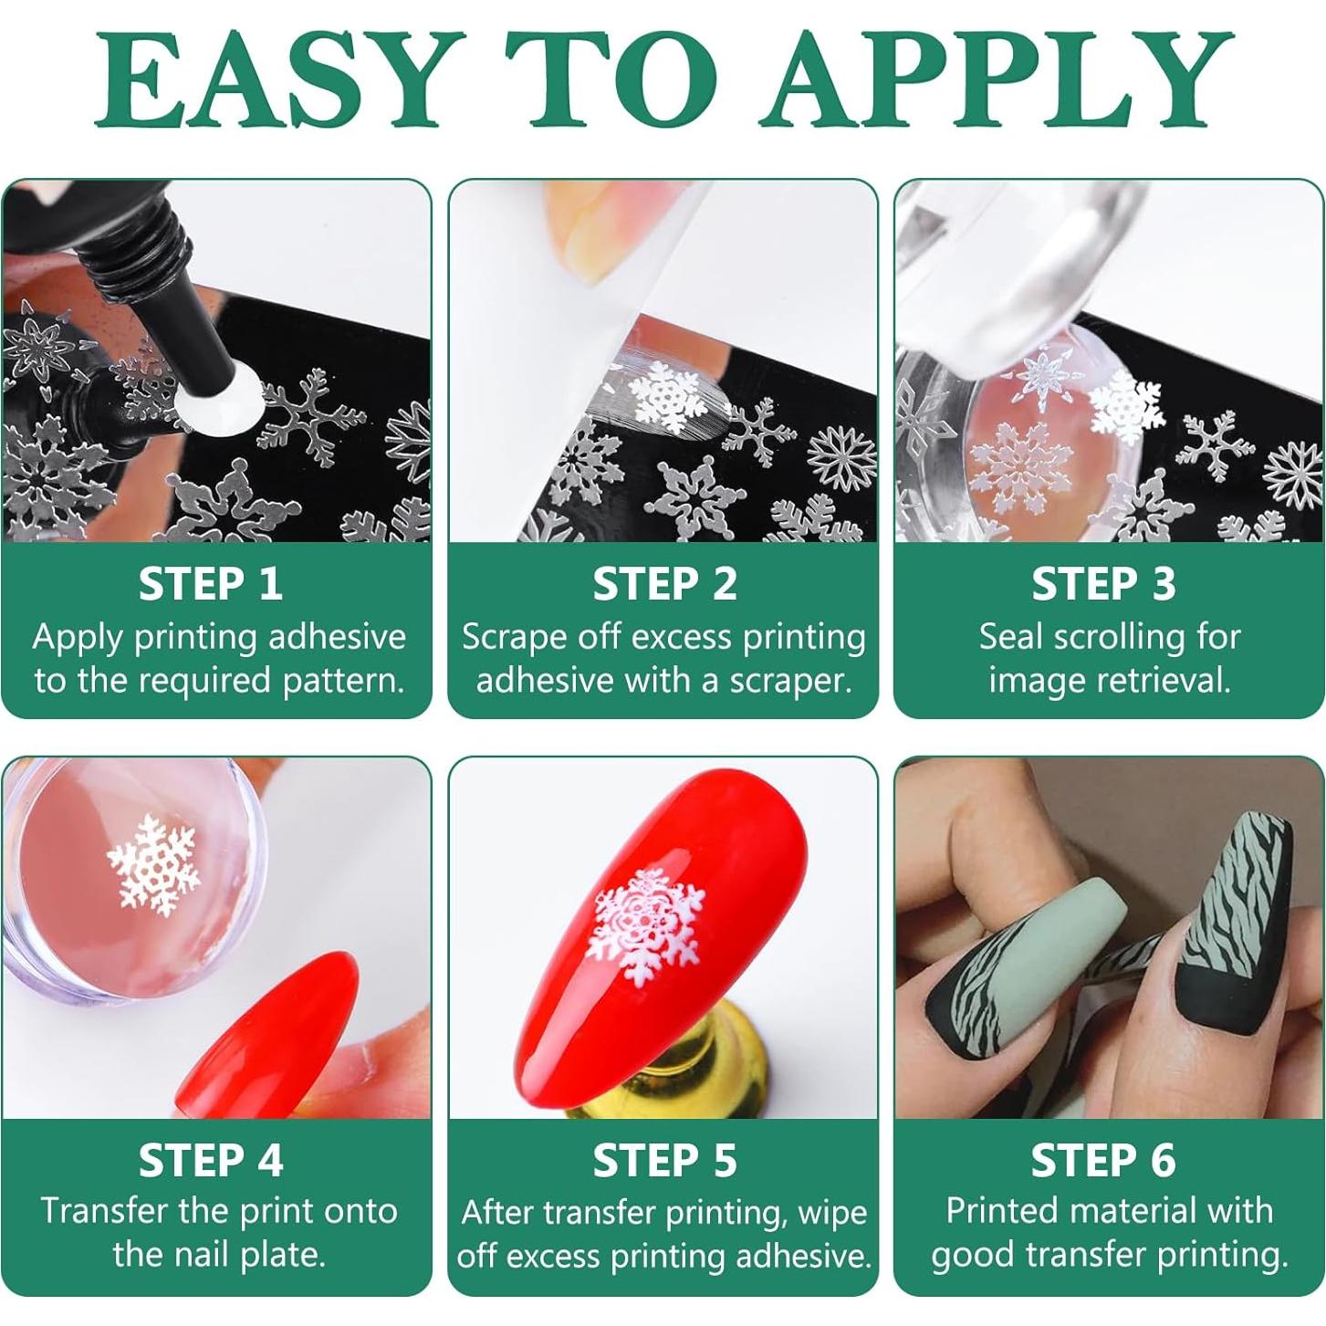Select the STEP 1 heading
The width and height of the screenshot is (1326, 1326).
[x=211, y=584]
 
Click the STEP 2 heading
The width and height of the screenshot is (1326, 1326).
[x=664, y=584]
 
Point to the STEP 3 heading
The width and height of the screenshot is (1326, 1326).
[x=1103, y=584]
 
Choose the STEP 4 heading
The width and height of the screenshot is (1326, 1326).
[x=211, y=1160]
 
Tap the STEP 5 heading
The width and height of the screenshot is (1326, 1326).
[x=664, y=1161]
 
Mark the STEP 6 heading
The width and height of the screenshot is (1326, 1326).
[x=1103, y=1160]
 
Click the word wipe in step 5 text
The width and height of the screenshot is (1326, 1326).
[x=831, y=1213]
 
